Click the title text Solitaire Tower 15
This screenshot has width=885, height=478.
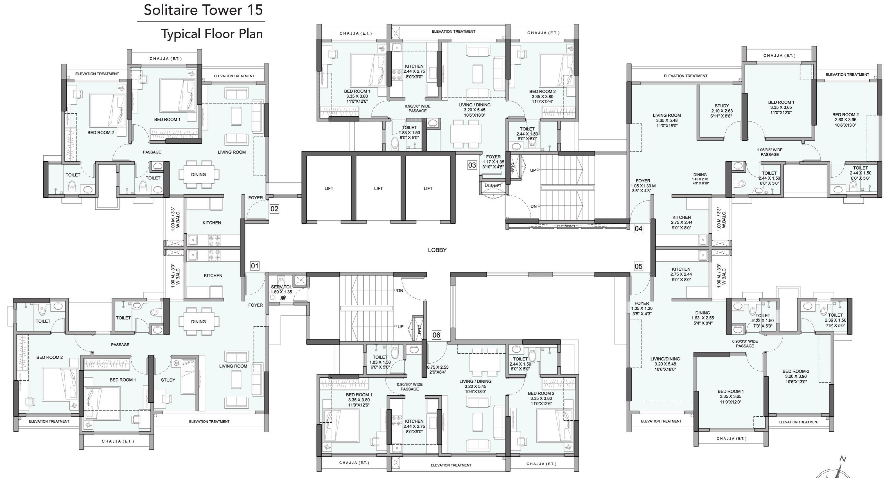[x=203, y=10]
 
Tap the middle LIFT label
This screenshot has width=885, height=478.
[x=378, y=188]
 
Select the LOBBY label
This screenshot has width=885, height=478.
[x=437, y=250]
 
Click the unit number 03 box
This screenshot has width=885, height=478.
[x=472, y=165]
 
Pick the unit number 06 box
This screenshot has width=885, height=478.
[x=436, y=335]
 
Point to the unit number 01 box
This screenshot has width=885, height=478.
[x=255, y=266]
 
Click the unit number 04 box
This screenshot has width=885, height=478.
[x=638, y=229]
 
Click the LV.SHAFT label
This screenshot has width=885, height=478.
[x=493, y=186]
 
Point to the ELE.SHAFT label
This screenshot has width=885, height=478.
[x=566, y=226]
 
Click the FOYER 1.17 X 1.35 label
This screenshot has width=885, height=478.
[x=493, y=162]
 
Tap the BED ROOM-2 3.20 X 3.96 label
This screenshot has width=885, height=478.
[x=796, y=376]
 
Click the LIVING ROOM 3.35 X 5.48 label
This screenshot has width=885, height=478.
[x=667, y=121]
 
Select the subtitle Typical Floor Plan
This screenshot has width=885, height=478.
[x=212, y=34]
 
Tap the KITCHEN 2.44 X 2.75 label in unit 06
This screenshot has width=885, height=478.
[x=414, y=426]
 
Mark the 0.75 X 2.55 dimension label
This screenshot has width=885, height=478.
[x=438, y=369]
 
